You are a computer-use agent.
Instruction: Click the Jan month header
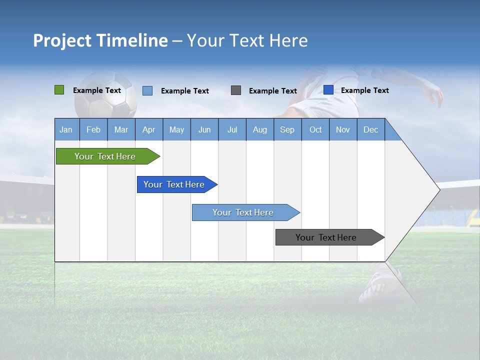[x=66, y=129]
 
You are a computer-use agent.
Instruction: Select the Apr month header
[x=148, y=129]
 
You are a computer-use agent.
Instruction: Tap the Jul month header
[x=232, y=129]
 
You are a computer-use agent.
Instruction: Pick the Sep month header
[x=287, y=129]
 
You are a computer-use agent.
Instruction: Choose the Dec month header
[x=370, y=129]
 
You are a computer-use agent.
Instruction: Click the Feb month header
[x=93, y=129]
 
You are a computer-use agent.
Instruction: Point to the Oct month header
[x=315, y=129]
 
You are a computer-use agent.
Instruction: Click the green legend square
[x=59, y=90]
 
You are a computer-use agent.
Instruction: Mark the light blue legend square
[x=147, y=90]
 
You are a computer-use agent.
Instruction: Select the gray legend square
[x=236, y=90]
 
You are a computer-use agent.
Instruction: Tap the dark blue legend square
[x=328, y=90]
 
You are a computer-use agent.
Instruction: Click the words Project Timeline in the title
[x=100, y=40]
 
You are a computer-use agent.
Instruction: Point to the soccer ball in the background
[x=105, y=95]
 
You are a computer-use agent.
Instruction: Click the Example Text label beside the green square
[x=97, y=90]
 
